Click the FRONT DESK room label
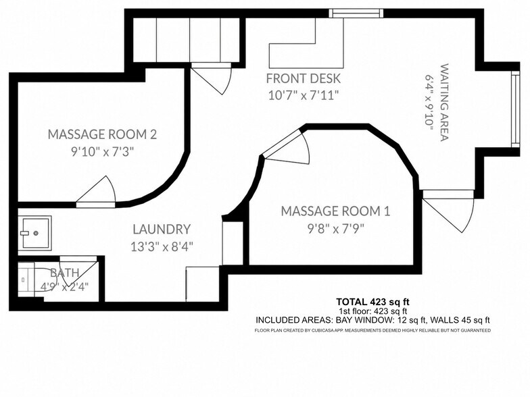303,78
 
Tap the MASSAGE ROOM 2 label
102,134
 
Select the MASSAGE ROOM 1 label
335,211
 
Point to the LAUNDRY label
162,230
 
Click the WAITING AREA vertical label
444,103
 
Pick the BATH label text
65,273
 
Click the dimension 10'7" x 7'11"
303,95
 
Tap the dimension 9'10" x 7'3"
102,152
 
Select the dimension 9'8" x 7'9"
335,230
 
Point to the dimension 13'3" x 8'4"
162,247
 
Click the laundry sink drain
36,233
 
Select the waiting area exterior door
448,211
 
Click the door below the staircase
212,78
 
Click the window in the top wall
356,14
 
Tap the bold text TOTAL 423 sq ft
373,302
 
